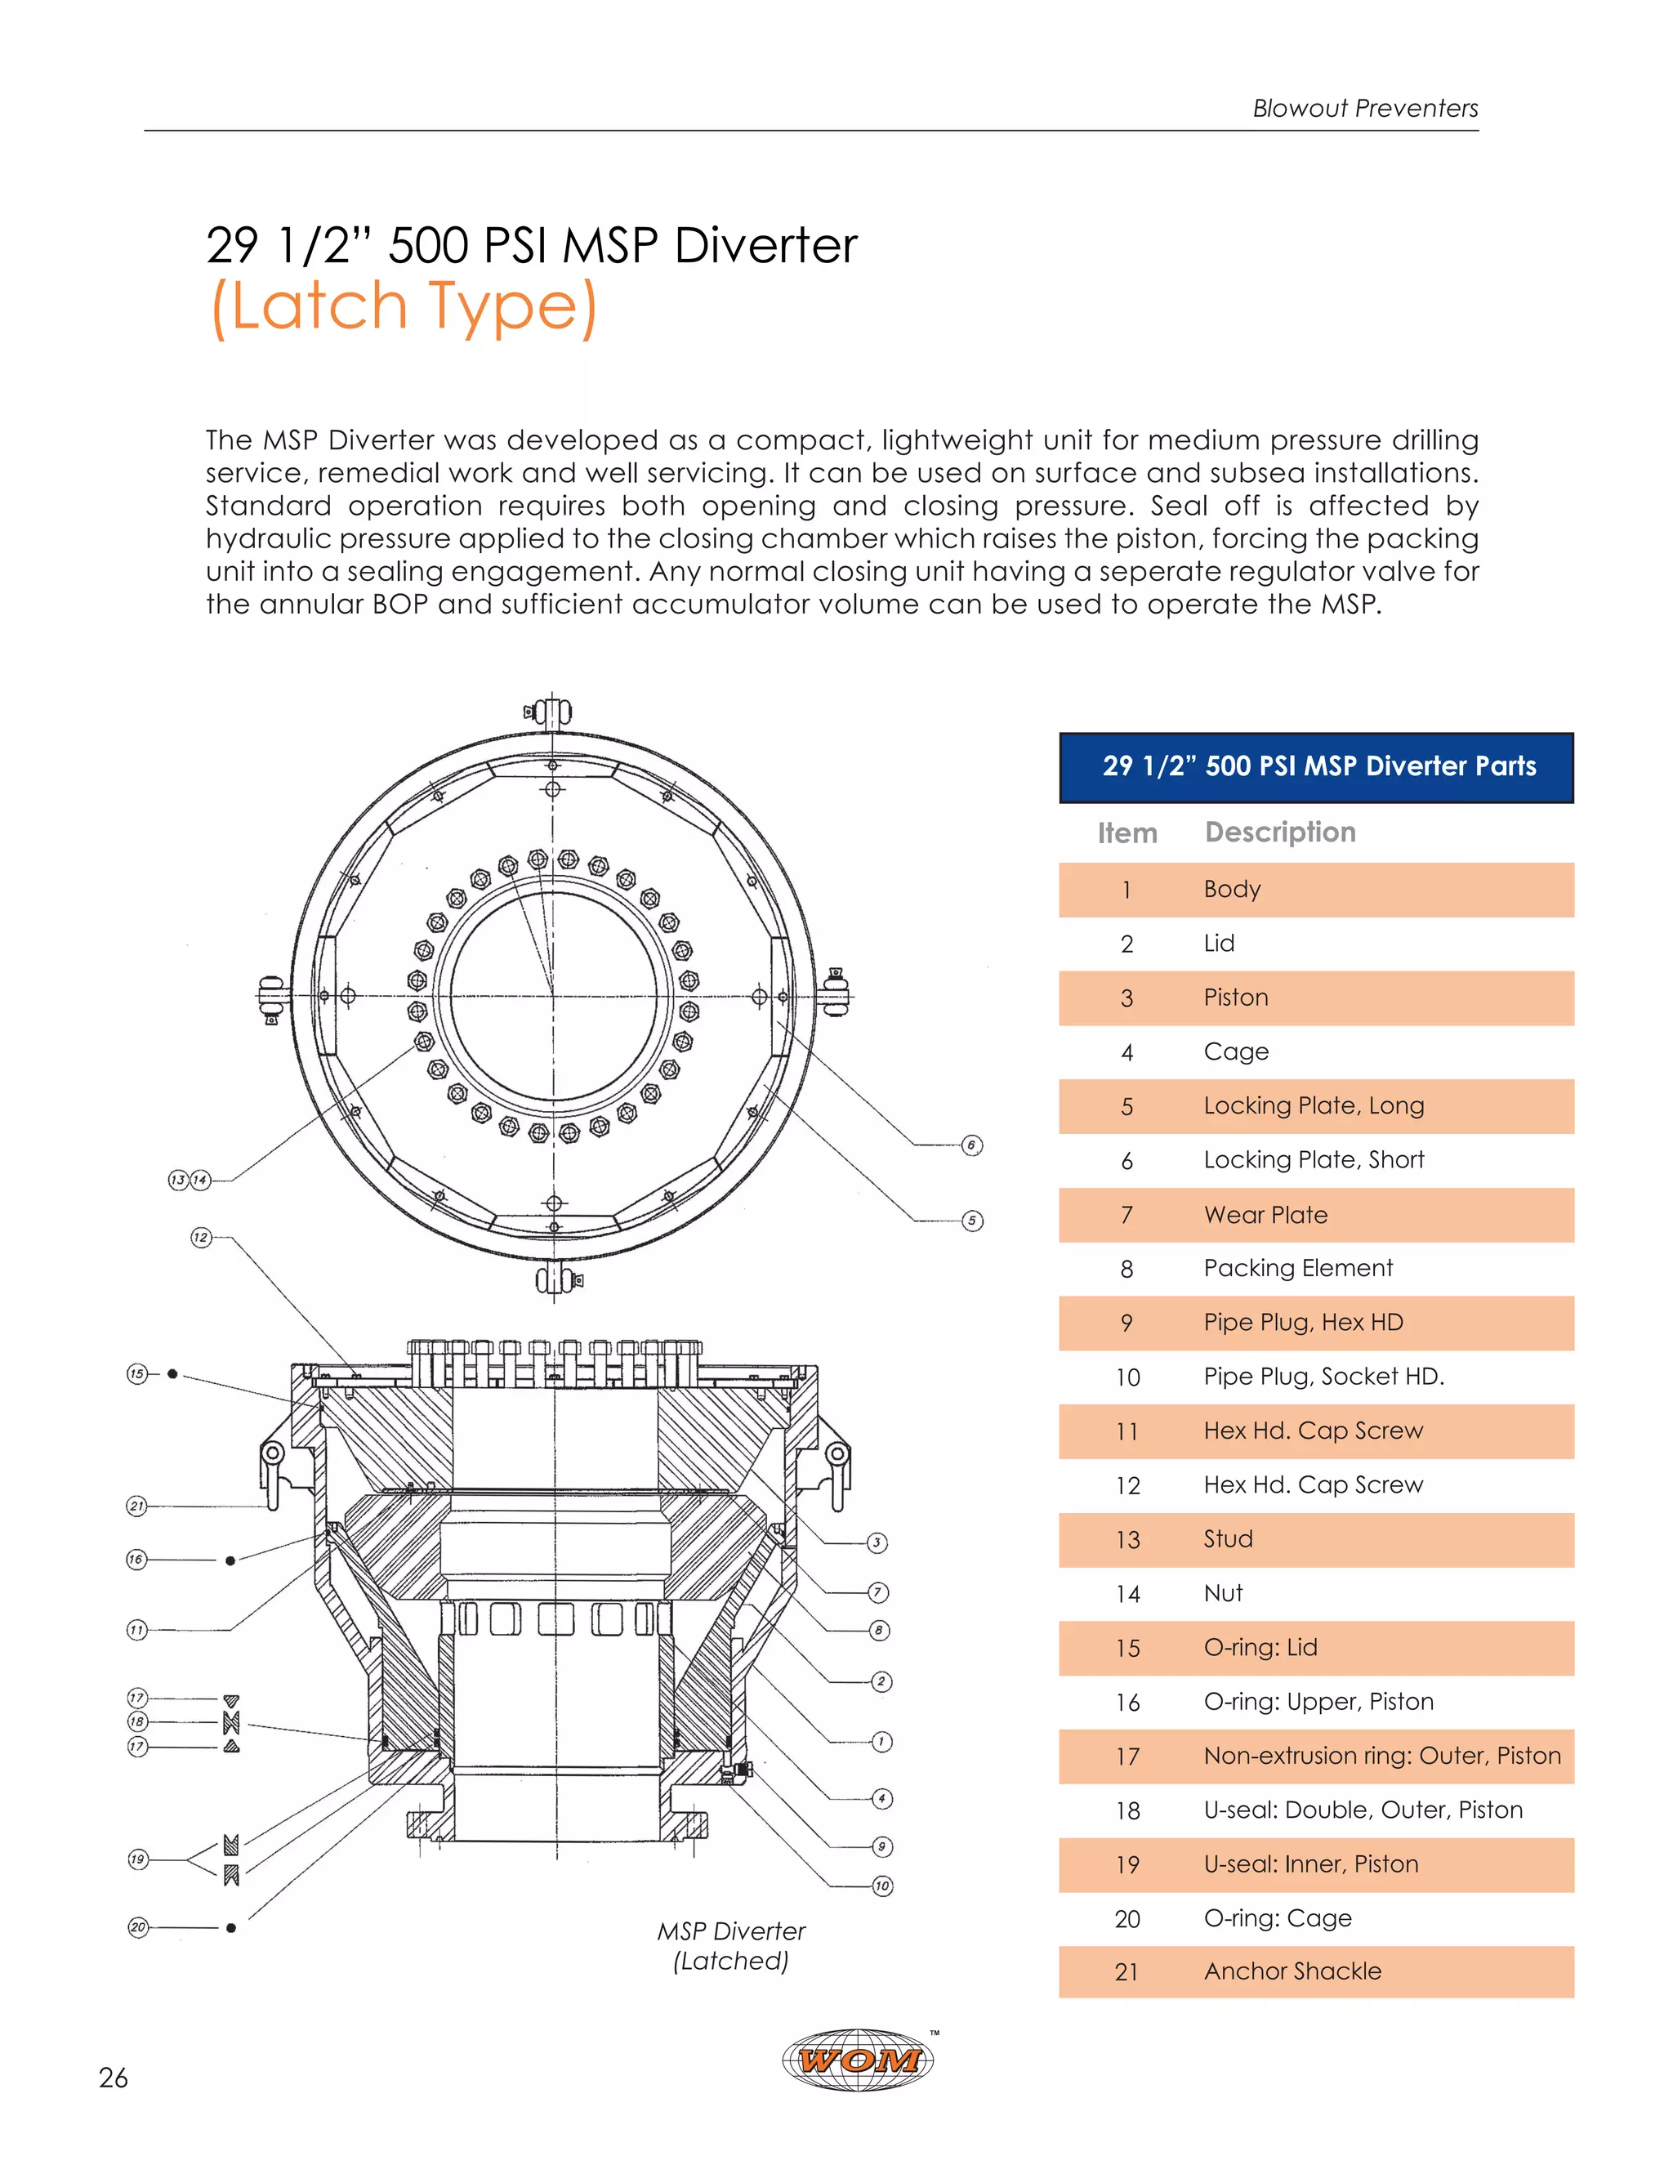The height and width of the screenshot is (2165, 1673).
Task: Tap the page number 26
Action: point(113,2078)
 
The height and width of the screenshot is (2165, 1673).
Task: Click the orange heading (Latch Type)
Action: point(404,306)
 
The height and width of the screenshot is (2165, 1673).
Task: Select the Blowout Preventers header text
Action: point(1365,108)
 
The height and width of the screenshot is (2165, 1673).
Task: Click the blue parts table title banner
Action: point(1315,766)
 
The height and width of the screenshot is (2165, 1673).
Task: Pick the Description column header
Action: point(1279,832)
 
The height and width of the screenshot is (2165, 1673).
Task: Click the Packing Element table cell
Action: point(1297,1268)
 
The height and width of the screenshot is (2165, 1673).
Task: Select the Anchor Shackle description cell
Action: point(1292,1971)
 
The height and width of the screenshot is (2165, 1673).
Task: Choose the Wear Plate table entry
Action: point(1265,1214)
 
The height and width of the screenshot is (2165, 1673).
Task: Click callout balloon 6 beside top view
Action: point(972,1145)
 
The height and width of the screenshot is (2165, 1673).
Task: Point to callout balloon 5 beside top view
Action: point(972,1221)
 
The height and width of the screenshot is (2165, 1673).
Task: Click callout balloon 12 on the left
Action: point(201,1237)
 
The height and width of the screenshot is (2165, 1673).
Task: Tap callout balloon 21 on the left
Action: point(136,1506)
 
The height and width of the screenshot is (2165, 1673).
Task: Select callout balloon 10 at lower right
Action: point(882,1886)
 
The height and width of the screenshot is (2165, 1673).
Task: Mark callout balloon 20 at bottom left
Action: point(138,1927)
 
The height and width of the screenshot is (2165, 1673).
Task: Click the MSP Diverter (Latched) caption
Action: point(731,1945)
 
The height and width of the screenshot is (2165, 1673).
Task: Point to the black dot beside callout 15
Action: point(172,1374)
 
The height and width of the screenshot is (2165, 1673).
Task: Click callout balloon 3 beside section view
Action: point(877,1542)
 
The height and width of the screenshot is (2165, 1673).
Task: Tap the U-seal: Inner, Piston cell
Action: point(1310,1864)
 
